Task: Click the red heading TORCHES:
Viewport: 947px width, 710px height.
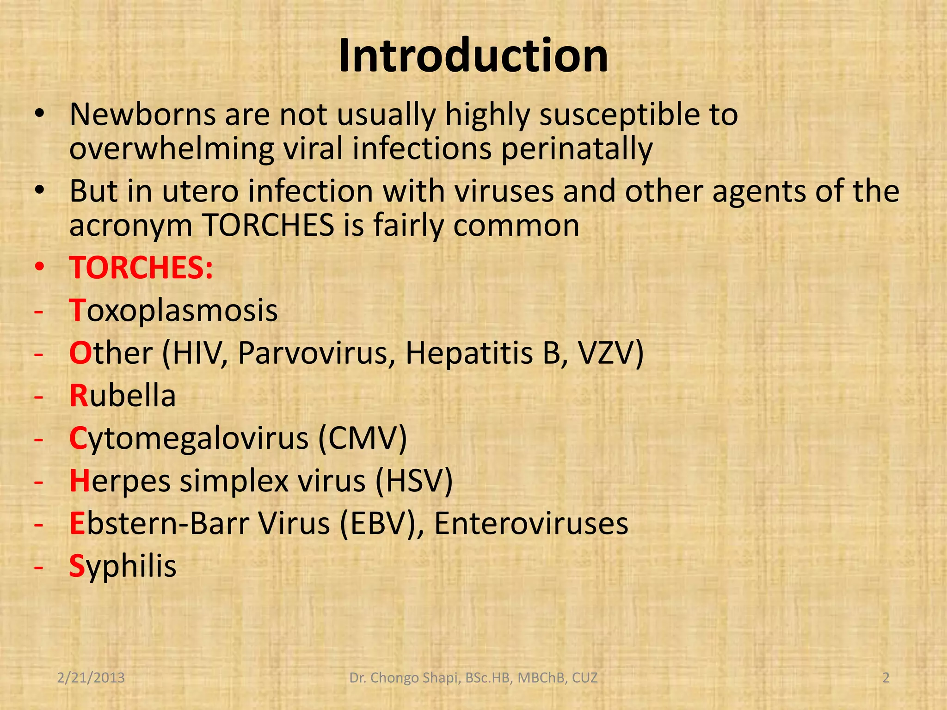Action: pos(141,268)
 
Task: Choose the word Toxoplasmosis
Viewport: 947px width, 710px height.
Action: pos(173,310)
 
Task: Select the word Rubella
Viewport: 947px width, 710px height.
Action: pos(123,396)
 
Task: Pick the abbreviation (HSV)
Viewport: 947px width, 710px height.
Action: pos(414,481)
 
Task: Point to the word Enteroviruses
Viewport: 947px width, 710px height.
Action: pos(531,523)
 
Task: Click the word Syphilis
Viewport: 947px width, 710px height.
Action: pos(123,566)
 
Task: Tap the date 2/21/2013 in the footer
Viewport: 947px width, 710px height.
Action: pos(91,678)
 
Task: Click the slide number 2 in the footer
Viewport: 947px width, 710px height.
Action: pos(886,678)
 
